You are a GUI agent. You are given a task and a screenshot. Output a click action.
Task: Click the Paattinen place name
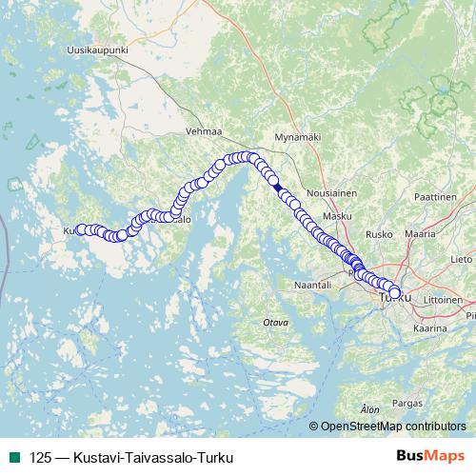(436, 194)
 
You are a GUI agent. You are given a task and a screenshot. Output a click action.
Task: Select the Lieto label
(461, 258)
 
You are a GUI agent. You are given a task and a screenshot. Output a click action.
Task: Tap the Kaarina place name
(429, 327)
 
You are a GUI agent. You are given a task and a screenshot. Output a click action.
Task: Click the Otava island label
(275, 323)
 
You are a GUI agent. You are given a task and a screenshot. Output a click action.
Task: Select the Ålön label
(370, 408)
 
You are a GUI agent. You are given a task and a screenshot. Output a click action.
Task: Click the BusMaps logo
(430, 457)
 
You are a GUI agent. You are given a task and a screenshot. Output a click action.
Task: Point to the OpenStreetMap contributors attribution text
(393, 426)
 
